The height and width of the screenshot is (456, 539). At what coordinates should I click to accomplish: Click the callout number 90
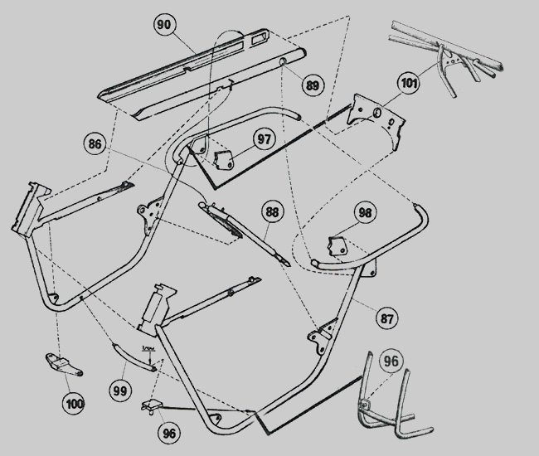click(x=164, y=26)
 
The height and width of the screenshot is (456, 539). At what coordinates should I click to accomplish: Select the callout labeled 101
click(x=408, y=83)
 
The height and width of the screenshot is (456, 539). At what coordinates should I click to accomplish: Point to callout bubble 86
click(x=96, y=144)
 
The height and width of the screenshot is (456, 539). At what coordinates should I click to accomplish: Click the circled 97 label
click(x=265, y=138)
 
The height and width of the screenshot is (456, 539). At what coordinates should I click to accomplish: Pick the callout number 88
click(x=273, y=212)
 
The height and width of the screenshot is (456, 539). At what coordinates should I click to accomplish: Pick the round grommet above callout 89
click(x=284, y=62)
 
